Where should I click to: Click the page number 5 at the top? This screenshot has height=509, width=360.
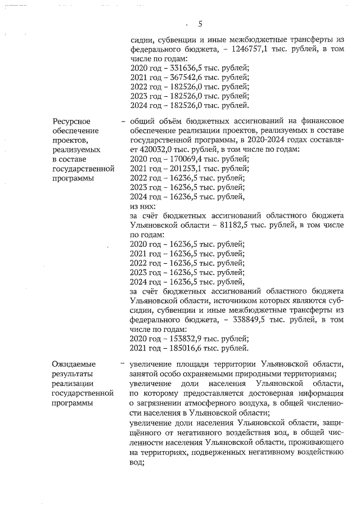pyautogui.click(x=200, y=24)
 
